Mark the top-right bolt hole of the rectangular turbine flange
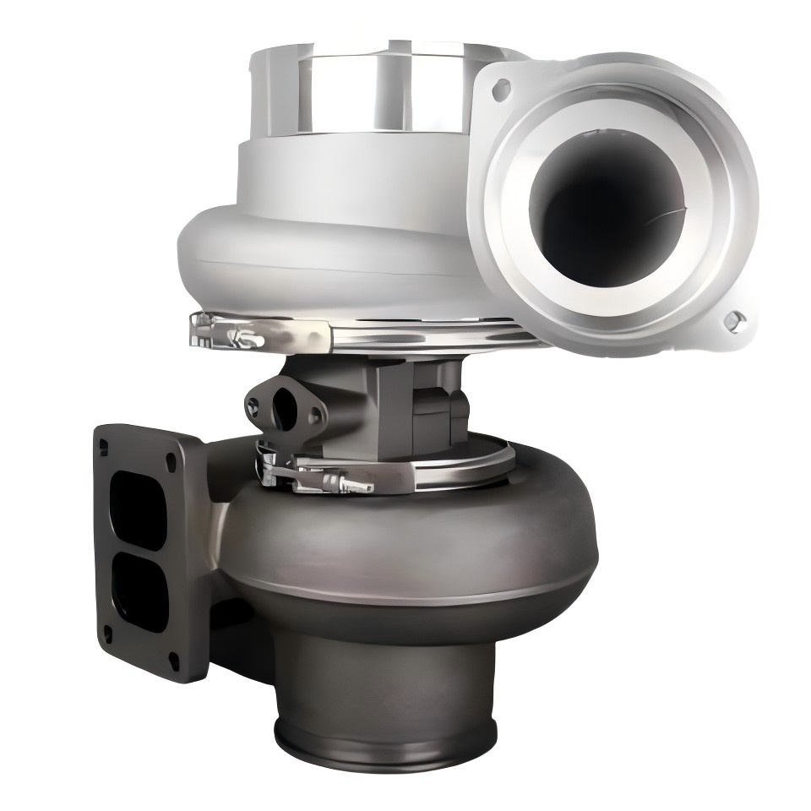pos(172,460)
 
